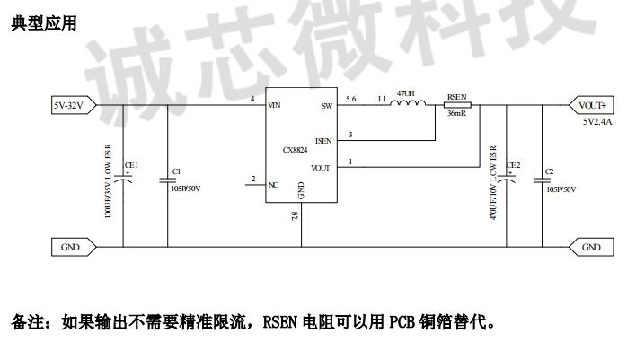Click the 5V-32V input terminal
click(x=69, y=105)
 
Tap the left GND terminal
click(x=70, y=247)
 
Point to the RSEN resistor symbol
click(x=457, y=105)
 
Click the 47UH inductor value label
click(x=405, y=92)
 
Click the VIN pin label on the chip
click(x=275, y=106)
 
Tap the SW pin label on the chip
click(x=326, y=106)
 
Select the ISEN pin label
click(x=323, y=141)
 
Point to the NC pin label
click(x=273, y=185)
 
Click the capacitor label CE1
click(x=131, y=165)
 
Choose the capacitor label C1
click(x=176, y=171)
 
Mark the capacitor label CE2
click(x=513, y=165)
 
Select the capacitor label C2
click(x=550, y=171)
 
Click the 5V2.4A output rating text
click(x=596, y=120)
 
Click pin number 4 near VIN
click(x=252, y=98)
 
